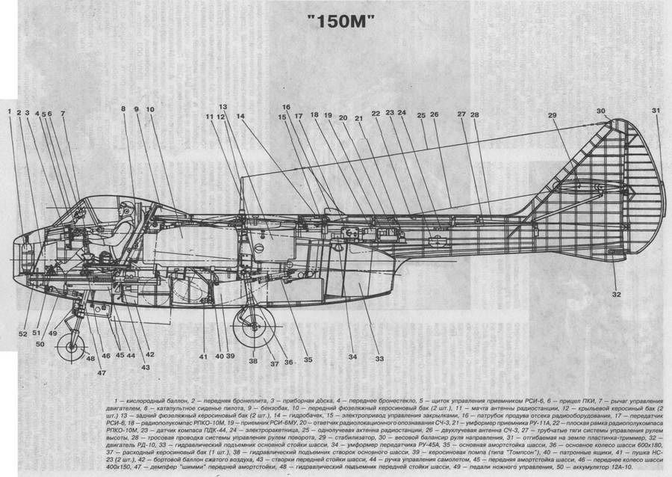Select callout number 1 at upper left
[10, 111]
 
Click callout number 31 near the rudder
[656, 111]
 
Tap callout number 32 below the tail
[616, 294]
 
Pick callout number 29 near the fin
[552, 116]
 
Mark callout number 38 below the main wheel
[253, 360]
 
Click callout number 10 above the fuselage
[150, 110]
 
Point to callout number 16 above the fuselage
[286, 107]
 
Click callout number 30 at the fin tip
[601, 111]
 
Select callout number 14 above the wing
[240, 117]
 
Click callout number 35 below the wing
[308, 360]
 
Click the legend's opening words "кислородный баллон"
[151, 402]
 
